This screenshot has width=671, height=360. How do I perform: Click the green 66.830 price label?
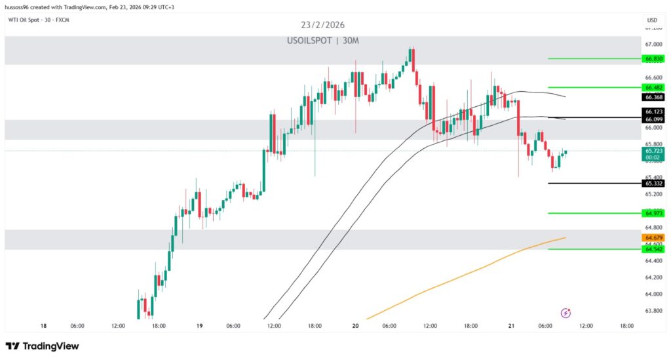pos(653,58)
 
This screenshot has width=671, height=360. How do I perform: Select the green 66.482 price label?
pos(653,87)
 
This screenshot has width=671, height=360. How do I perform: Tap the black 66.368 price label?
pos(653,97)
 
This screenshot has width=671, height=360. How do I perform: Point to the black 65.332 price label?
pos(653,184)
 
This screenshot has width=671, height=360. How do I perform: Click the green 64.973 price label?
pos(653,213)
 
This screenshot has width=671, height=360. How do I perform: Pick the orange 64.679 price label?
pos(653,237)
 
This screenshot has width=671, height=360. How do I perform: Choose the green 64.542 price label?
pos(653,249)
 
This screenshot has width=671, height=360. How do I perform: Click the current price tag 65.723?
pos(653,151)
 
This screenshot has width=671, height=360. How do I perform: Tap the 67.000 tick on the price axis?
pos(653,45)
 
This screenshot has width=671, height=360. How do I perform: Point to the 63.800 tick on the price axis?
pos(653,311)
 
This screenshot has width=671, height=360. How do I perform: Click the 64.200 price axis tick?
pos(653,277)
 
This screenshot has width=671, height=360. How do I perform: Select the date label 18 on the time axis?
pos(43,325)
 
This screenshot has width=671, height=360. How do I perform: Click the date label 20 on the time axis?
pos(355,325)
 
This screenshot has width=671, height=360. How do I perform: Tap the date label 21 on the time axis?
pos(511,325)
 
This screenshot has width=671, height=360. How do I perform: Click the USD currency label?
pos(652,20)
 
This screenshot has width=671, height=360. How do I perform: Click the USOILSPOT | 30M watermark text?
pos(323,41)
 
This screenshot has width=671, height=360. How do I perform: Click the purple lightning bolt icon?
pos(566,313)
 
